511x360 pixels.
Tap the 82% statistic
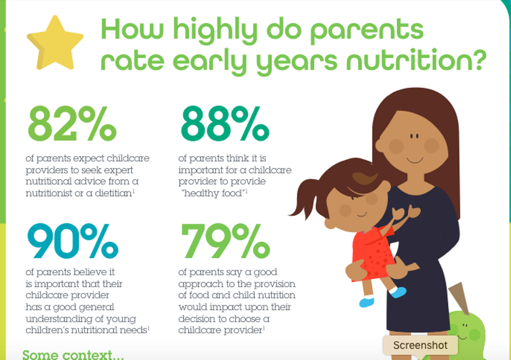click(x=72, y=124)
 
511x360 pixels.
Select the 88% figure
click(x=225, y=124)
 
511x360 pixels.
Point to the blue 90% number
click(x=73, y=241)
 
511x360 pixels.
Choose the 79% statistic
click(x=225, y=241)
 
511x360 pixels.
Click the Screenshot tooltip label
click(x=420, y=345)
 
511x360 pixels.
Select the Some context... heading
click(x=73, y=354)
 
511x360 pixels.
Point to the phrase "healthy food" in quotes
click(x=214, y=193)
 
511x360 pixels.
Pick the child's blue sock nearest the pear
click(x=398, y=292)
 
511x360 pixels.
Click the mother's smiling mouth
click(x=415, y=160)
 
